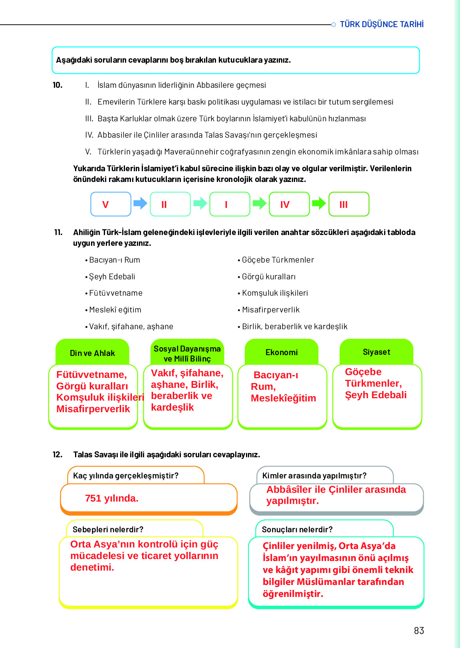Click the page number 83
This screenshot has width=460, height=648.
[x=419, y=630]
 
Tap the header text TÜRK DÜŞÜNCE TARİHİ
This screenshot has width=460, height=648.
[x=381, y=24]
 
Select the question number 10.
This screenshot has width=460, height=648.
[x=57, y=85]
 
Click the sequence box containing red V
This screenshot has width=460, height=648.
[x=111, y=204]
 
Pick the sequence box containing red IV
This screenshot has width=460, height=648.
[x=289, y=204]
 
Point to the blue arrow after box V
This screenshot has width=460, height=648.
[x=140, y=203]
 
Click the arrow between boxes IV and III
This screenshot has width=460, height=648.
[x=319, y=203]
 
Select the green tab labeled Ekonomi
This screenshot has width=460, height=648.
[x=282, y=352]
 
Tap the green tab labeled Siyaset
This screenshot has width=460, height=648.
[x=376, y=352]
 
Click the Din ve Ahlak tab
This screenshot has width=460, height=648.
[x=92, y=353]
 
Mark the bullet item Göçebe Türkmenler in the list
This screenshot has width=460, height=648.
[x=278, y=260]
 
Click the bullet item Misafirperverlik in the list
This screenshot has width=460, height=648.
[x=271, y=310]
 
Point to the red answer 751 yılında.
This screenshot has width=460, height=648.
[x=111, y=498]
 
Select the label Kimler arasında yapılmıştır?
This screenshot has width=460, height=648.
[x=314, y=476]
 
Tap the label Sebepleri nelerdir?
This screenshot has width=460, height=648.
[x=108, y=529]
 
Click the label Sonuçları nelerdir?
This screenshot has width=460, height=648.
[x=297, y=529]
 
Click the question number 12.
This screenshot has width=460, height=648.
[x=57, y=454]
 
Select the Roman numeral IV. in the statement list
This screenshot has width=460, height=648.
[x=89, y=135]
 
